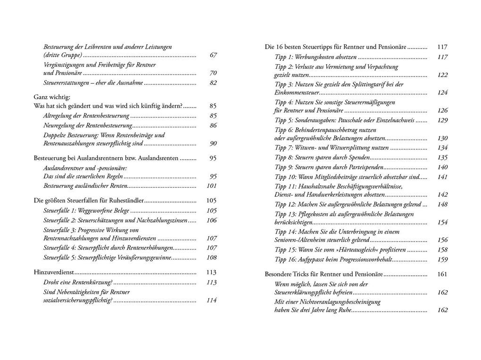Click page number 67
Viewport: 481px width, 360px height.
pyautogui.click(x=213, y=55)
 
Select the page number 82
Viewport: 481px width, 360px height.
pyautogui.click(x=213, y=83)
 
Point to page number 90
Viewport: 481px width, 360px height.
pyautogui.click(x=213, y=143)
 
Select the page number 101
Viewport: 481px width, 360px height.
pyautogui.click(x=212, y=185)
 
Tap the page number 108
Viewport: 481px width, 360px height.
pyautogui.click(x=212, y=258)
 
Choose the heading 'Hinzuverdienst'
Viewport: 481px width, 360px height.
pyautogui.click(x=54, y=273)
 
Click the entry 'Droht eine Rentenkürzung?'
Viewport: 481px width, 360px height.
pyautogui.click(x=78, y=283)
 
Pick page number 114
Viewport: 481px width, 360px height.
pyautogui.click(x=212, y=301)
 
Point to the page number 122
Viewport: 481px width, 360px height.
pyautogui.click(x=442, y=75)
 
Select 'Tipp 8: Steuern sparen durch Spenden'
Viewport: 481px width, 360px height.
pyautogui.click(x=322, y=158)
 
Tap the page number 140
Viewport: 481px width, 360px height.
pyautogui.click(x=442, y=167)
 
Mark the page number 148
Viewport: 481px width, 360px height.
pyautogui.click(x=442, y=204)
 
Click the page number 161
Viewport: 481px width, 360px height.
pyautogui.click(x=442, y=274)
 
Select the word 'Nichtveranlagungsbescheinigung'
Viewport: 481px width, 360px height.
pyautogui.click(x=337, y=301)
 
